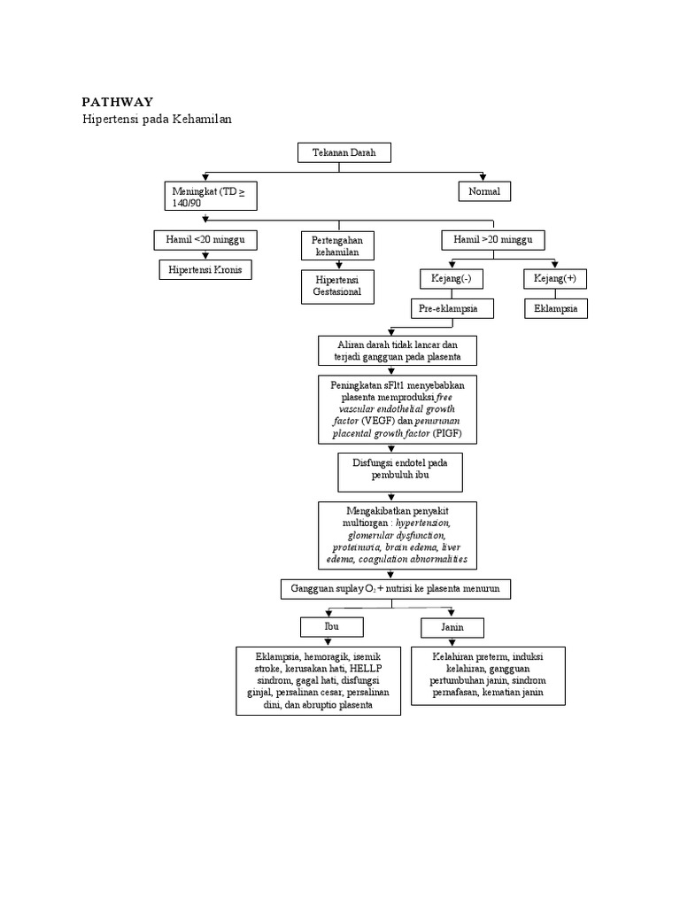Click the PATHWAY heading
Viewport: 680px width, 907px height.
[118, 102]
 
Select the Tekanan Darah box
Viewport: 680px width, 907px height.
[344, 153]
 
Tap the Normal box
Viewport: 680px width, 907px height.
[484, 191]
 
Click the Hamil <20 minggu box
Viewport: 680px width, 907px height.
[205, 240]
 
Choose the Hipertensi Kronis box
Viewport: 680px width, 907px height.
[205, 268]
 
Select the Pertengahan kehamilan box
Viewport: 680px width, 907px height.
[337, 246]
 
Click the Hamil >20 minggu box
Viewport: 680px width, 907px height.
[493, 240]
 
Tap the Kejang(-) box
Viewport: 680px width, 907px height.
[451, 279]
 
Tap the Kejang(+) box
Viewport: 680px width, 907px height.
[555, 279]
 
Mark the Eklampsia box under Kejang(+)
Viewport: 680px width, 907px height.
[555, 309]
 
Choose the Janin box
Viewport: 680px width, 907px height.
[452, 627]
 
